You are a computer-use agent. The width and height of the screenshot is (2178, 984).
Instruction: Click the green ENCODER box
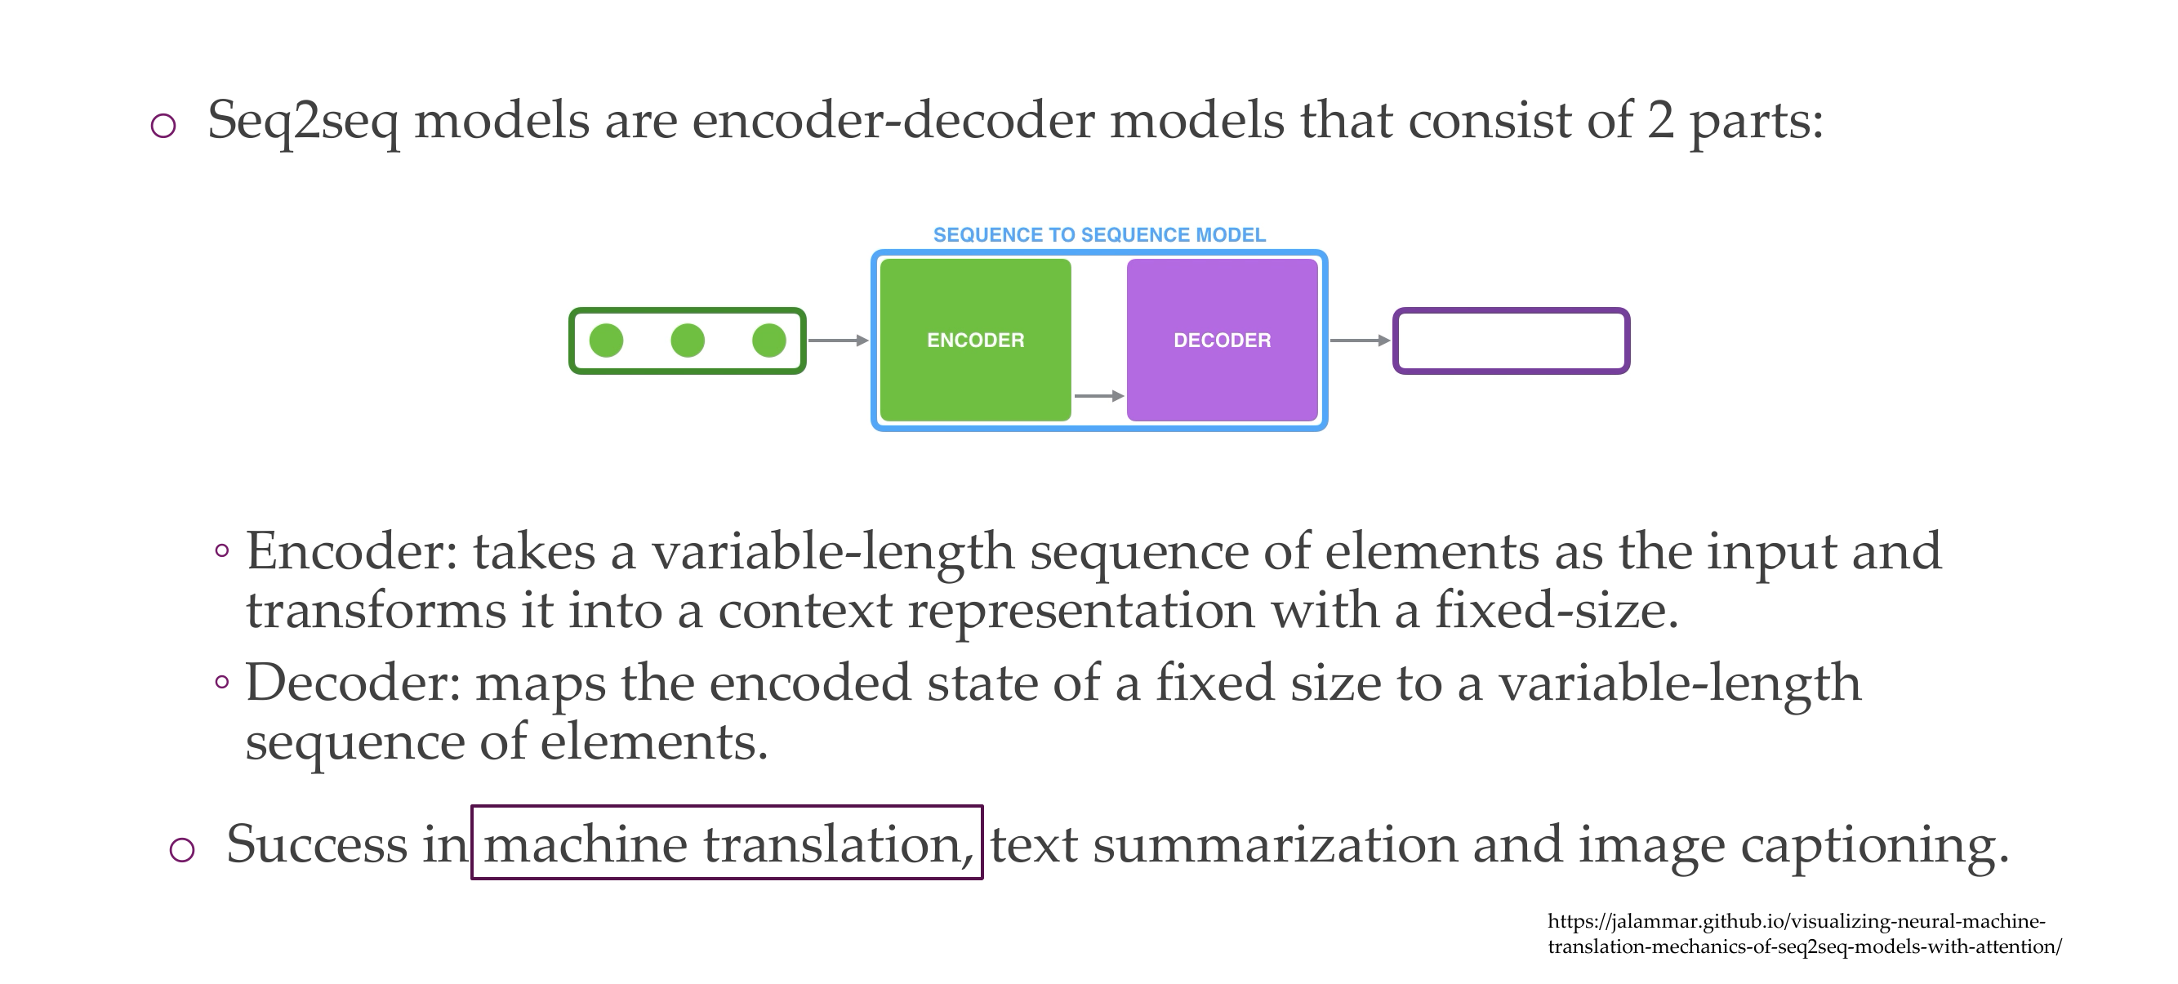[975, 340]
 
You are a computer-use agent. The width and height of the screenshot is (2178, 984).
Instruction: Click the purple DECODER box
[1222, 340]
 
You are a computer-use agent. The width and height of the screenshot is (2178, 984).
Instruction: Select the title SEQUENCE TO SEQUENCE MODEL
[1098, 235]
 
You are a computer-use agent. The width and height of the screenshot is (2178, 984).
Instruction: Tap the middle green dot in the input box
[688, 341]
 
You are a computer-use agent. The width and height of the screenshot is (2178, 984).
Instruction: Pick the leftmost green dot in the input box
[606, 341]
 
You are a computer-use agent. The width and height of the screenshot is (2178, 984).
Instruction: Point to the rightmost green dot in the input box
[768, 341]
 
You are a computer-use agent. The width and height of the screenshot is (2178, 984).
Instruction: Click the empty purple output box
[1511, 341]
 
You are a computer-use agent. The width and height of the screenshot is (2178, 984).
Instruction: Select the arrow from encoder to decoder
[1098, 395]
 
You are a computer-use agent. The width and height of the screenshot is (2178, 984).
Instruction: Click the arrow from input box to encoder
[838, 341]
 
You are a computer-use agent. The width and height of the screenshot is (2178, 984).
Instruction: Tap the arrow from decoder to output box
[1360, 341]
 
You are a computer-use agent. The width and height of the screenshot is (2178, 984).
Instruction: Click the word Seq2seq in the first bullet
[302, 121]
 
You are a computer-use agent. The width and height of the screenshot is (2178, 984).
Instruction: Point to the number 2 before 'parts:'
[1660, 121]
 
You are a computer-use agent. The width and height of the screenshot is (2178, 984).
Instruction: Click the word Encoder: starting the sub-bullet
[351, 552]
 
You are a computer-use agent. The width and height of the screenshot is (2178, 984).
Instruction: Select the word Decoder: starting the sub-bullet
[353, 683]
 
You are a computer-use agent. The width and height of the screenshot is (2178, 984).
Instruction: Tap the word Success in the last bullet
[316, 844]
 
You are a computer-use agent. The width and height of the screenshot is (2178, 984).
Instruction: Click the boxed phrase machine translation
[727, 844]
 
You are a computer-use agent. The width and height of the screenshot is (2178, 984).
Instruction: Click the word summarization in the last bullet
[1275, 844]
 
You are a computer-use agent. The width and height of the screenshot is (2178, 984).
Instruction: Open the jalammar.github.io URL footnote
[1803, 933]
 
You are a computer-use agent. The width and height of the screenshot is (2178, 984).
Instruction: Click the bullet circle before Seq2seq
[163, 126]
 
